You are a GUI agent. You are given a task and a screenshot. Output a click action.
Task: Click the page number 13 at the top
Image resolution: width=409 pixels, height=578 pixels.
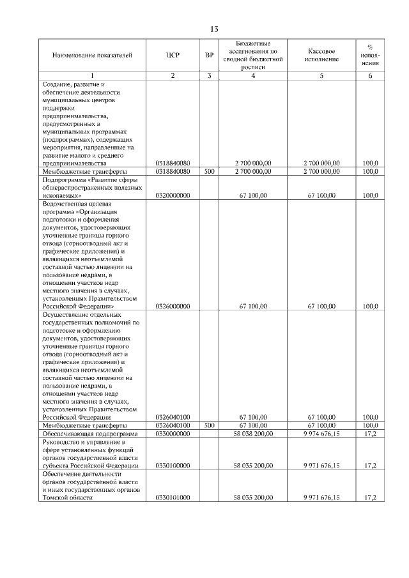(214, 29)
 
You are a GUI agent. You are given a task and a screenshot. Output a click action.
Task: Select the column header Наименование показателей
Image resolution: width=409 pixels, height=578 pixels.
(92, 56)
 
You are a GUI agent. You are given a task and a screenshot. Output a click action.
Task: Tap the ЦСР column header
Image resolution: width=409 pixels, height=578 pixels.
(173, 56)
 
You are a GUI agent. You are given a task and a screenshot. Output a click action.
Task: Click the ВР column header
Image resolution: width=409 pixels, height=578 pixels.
(209, 56)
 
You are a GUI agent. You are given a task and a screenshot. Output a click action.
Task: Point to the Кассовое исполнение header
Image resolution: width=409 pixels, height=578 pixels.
(321, 56)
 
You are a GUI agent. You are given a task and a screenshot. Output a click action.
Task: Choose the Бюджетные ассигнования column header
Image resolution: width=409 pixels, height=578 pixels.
(253, 56)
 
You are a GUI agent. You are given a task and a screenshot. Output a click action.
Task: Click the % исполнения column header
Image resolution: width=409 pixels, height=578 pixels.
(370, 56)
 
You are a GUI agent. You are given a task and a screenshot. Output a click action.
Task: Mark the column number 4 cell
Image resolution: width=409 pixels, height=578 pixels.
(253, 76)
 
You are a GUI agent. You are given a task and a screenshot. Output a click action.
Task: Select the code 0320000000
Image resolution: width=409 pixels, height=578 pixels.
(173, 196)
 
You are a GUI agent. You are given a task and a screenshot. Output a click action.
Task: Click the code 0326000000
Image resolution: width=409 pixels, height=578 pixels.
(173, 307)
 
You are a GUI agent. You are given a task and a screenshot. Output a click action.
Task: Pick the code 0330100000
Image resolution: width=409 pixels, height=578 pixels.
(173, 466)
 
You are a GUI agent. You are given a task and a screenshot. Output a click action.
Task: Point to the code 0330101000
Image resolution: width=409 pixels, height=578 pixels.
(173, 498)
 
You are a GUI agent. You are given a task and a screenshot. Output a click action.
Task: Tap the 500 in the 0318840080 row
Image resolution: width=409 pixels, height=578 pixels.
(209, 172)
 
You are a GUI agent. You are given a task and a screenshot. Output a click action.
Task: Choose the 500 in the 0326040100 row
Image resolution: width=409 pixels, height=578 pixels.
(209, 425)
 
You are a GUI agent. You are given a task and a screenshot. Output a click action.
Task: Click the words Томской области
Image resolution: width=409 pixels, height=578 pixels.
(63, 498)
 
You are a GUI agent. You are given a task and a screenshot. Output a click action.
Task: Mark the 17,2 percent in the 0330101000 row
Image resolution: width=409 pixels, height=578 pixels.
(370, 498)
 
